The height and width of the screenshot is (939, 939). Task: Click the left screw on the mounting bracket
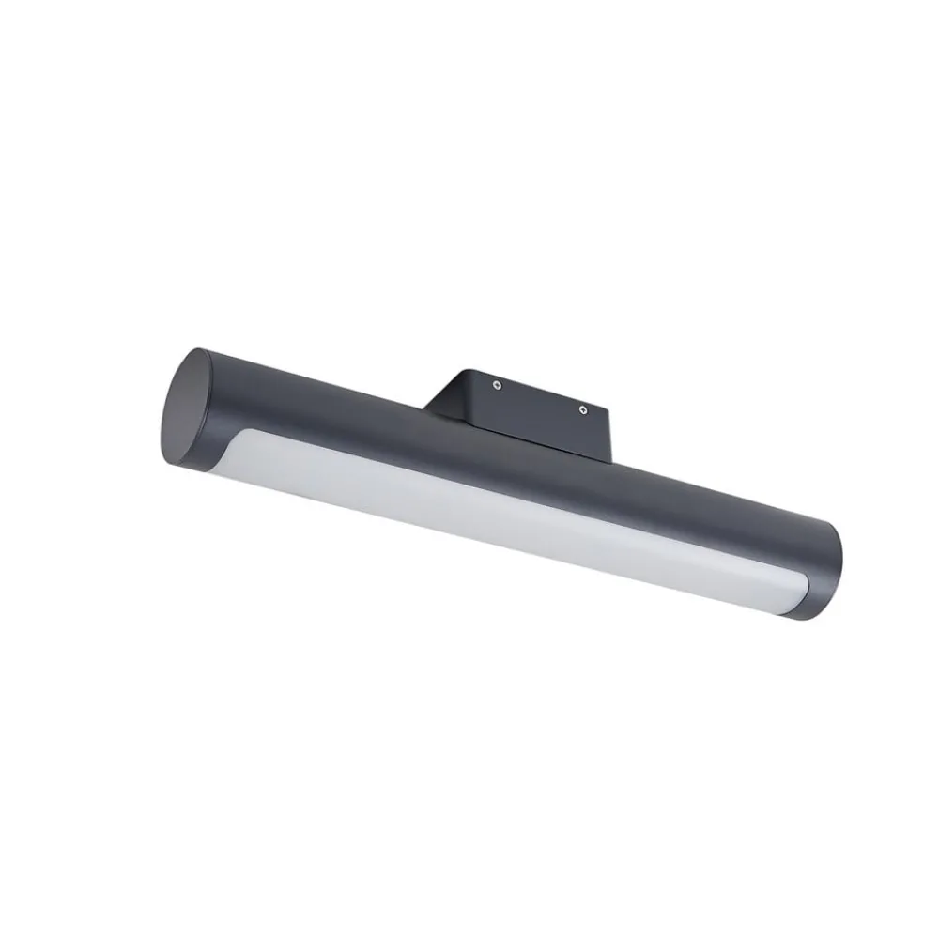(x=498, y=384)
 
